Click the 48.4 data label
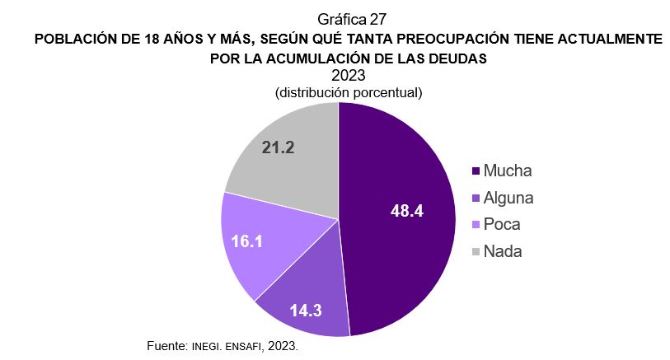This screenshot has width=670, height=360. pyautogui.click(x=406, y=211)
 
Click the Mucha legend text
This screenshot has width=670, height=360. pyautogui.click(x=508, y=171)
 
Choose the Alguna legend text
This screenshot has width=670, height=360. pyautogui.click(x=508, y=198)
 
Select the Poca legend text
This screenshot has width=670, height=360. pyautogui.click(x=502, y=225)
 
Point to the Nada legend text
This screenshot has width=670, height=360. pyautogui.click(x=503, y=251)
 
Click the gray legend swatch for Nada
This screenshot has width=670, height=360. pyautogui.click(x=476, y=252)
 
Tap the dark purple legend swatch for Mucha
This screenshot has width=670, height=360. pyautogui.click(x=476, y=172)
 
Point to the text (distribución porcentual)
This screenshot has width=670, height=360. pyautogui.click(x=349, y=92)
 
